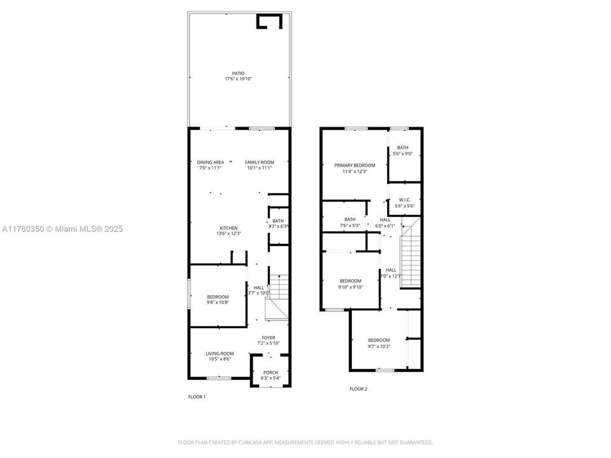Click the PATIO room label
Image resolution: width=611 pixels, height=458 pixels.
coord(238,73)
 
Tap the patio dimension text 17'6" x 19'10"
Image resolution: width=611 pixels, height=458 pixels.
coord(238,79)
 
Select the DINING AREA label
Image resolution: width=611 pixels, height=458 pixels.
coord(210,162)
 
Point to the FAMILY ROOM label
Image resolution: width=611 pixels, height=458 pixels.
coord(259,162)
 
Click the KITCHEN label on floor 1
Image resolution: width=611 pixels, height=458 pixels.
coord(228,228)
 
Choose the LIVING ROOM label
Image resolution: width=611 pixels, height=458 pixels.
coord(220,354)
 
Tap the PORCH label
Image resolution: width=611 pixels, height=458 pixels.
coord(270,372)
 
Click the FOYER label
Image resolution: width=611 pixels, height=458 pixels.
coord(268,338)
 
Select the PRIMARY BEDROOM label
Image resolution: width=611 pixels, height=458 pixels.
coord(355,165)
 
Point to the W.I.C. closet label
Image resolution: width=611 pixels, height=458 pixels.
coord(405,200)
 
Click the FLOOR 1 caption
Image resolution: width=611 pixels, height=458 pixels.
coord(197,397)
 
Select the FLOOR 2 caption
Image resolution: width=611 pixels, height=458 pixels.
coord(358,389)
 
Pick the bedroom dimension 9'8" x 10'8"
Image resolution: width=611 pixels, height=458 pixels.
coord(218,303)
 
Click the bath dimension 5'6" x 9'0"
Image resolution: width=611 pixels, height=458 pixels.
coord(403,153)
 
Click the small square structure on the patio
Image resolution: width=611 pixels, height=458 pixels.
coord(269,22)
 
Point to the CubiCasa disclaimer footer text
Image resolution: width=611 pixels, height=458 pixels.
coord(305,442)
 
